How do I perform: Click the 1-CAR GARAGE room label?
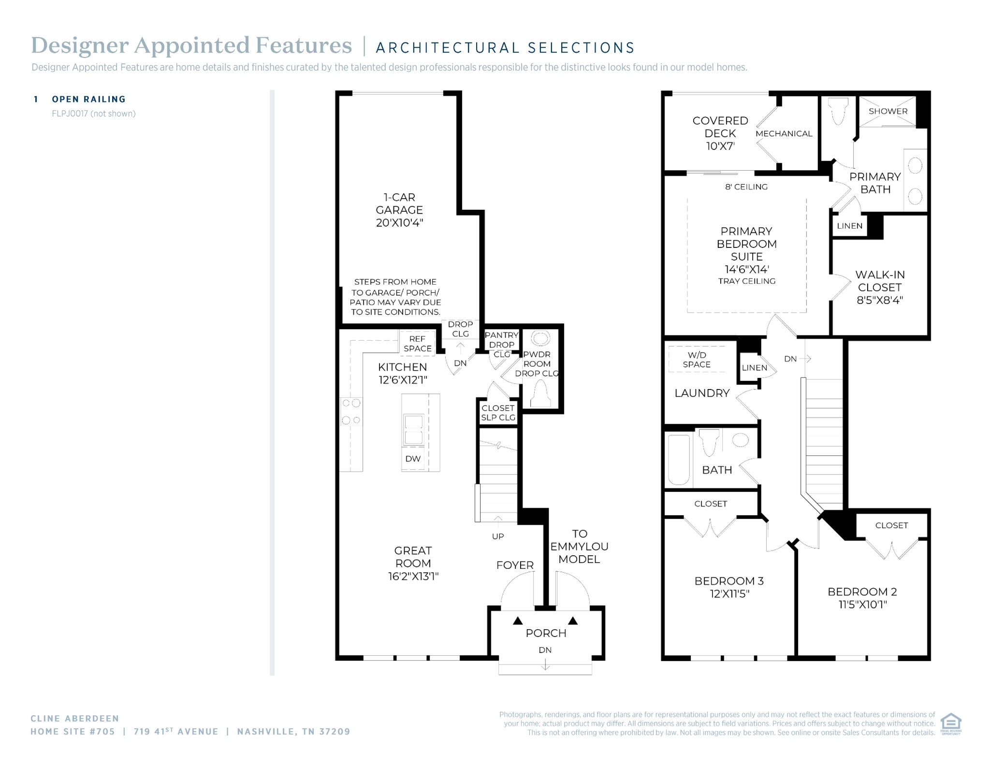pyautogui.click(x=399, y=210)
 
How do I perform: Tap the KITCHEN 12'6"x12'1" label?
pyautogui.click(x=403, y=373)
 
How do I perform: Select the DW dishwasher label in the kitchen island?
pyautogui.click(x=413, y=459)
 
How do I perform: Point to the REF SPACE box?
pyautogui.click(x=417, y=343)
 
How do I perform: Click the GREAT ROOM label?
pyautogui.click(x=413, y=563)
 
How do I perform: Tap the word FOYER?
pyautogui.click(x=515, y=565)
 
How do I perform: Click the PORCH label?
pyautogui.click(x=546, y=633)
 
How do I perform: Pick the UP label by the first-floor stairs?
pyautogui.click(x=498, y=536)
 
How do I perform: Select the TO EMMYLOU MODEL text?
pyautogui.click(x=579, y=547)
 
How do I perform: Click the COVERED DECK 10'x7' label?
pyautogui.click(x=720, y=133)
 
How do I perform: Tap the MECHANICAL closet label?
pyautogui.click(x=784, y=133)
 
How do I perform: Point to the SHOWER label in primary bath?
pyautogui.click(x=888, y=111)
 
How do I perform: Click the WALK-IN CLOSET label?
pyautogui.click(x=880, y=287)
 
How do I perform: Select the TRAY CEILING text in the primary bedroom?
pyautogui.click(x=747, y=281)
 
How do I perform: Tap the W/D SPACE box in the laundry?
pyautogui.click(x=697, y=359)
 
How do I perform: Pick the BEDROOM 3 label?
pyautogui.click(x=729, y=587)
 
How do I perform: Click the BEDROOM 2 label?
pyautogui.click(x=862, y=598)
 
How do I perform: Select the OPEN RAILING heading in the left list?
pyautogui.click(x=89, y=99)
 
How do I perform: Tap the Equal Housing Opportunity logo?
pyautogui.click(x=951, y=723)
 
